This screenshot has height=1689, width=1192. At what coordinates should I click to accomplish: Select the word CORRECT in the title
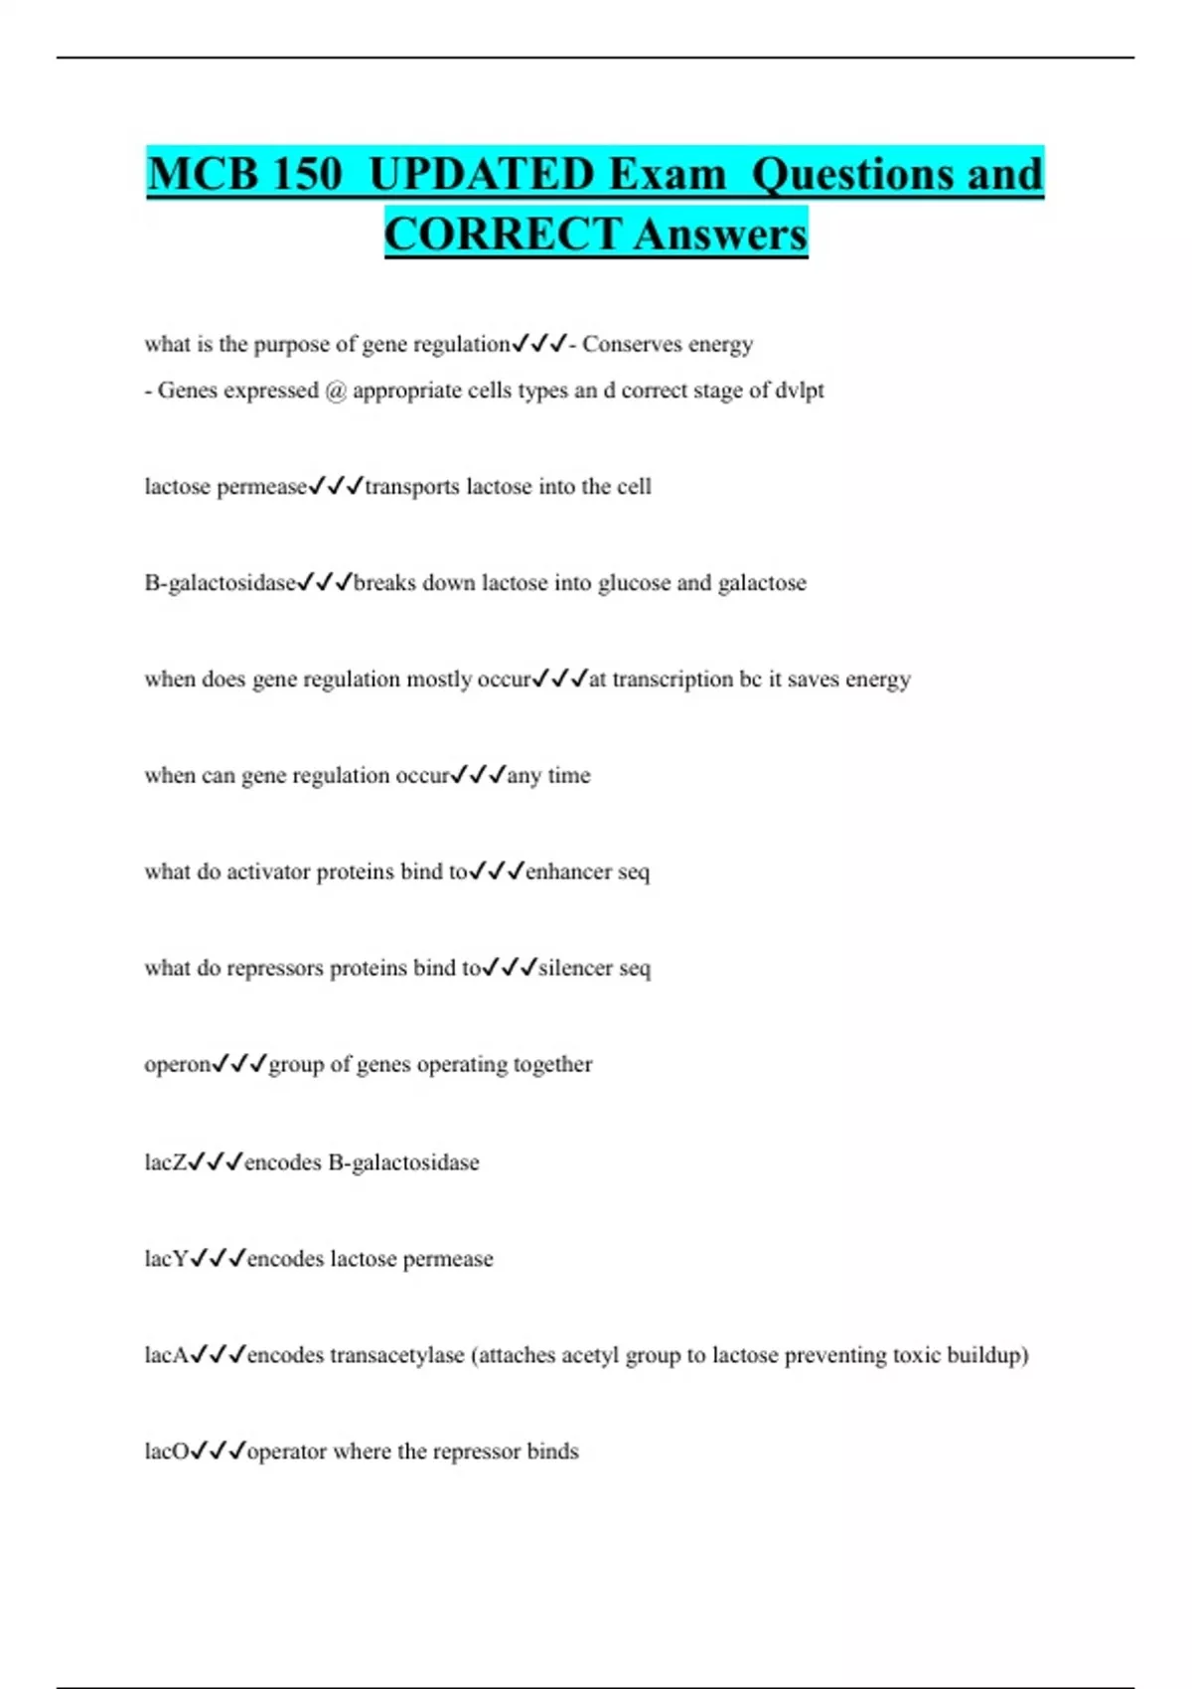click(x=503, y=234)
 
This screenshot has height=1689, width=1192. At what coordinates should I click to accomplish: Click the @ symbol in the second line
click(x=335, y=390)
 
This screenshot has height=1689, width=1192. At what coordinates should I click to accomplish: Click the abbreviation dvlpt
click(x=799, y=390)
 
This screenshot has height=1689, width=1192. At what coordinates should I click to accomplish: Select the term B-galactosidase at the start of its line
click(x=221, y=583)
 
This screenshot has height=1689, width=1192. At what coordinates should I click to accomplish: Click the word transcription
click(x=672, y=680)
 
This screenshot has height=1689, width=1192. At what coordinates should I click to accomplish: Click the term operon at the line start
click(x=178, y=1065)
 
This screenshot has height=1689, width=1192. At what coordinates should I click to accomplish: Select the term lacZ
click(x=165, y=1162)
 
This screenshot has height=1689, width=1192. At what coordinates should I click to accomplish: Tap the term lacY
click(x=166, y=1259)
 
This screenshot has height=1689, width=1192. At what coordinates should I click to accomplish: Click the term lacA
click(x=166, y=1355)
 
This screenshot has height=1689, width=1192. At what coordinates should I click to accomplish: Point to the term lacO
click(x=166, y=1452)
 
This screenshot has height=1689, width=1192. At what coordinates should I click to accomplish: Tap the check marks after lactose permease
click(x=336, y=487)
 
